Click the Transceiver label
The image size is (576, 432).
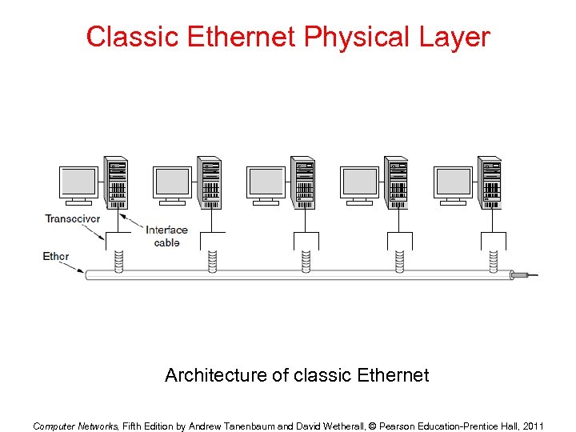click(x=73, y=218)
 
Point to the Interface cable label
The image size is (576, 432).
click(x=166, y=236)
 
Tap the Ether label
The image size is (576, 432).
click(x=56, y=257)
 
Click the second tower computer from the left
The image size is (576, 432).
click(x=210, y=183)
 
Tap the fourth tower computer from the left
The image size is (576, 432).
click(x=397, y=183)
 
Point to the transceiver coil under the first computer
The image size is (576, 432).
click(x=119, y=260)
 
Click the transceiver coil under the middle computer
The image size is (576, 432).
click(x=306, y=260)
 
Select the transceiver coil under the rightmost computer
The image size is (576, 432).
click(x=493, y=260)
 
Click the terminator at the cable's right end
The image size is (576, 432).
click(x=523, y=275)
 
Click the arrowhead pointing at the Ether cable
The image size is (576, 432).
click(x=82, y=270)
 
